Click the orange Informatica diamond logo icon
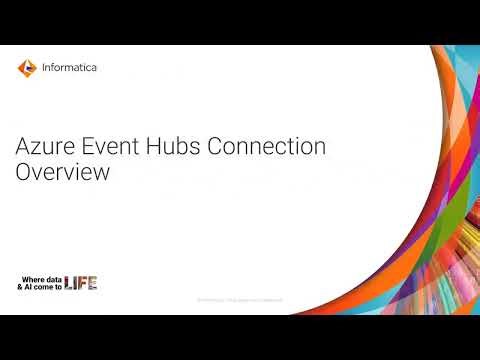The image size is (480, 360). click(x=26, y=68)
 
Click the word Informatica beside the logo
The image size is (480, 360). click(x=70, y=68)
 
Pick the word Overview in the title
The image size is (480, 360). click(x=61, y=171)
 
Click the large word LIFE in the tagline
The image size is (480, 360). click(x=81, y=283)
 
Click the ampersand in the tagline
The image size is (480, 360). click(x=21, y=287)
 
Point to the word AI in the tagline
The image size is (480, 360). click(x=29, y=287)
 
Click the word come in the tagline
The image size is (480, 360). click(x=44, y=287)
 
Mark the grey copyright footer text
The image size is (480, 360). click(x=240, y=299)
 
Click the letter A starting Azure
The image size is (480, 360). click(x=24, y=146)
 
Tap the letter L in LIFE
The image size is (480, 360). click(x=69, y=283)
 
